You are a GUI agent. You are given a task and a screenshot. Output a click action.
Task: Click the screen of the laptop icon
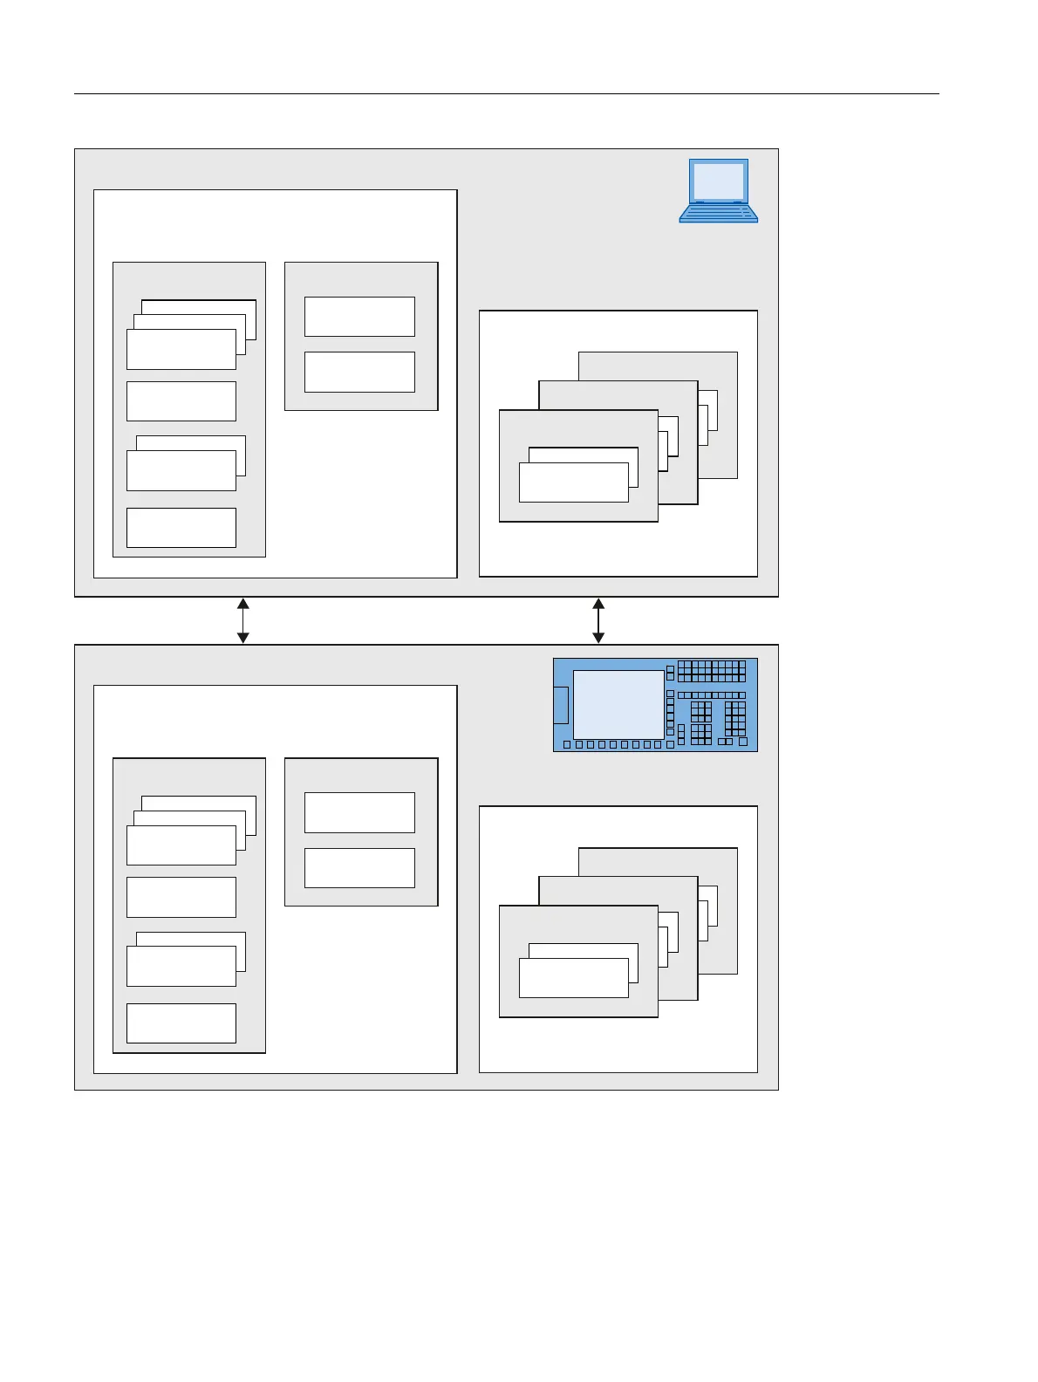tap(718, 181)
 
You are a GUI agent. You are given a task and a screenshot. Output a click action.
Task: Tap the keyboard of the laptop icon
tap(718, 213)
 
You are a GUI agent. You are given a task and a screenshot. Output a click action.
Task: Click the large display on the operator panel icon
tap(618, 704)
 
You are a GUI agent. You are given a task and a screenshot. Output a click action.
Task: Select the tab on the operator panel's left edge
tap(561, 705)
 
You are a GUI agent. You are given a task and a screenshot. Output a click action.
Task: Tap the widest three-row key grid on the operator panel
tap(711, 670)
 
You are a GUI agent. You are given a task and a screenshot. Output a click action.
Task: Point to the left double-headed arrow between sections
tap(243, 620)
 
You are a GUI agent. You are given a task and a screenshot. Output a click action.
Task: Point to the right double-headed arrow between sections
tap(598, 620)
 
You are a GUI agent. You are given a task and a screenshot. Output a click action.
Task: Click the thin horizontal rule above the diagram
tap(506, 93)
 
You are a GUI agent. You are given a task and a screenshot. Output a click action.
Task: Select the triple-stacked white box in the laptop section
tap(181, 348)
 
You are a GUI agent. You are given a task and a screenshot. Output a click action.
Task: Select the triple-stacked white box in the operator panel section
tap(181, 845)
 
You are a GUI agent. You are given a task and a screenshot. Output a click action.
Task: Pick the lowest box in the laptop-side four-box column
tap(181, 527)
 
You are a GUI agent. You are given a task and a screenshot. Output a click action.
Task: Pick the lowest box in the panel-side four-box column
tap(181, 1023)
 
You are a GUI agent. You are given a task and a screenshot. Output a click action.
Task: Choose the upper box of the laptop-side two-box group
tap(359, 316)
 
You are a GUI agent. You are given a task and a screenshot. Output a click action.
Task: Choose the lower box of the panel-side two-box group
tap(359, 867)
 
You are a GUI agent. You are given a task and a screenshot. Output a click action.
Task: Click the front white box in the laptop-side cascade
tap(573, 482)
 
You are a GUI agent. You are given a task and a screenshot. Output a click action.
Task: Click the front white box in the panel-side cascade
tap(573, 977)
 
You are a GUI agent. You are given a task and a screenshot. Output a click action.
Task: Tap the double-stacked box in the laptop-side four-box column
tap(181, 469)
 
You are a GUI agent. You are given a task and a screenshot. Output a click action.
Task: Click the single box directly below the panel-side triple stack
tap(181, 897)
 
